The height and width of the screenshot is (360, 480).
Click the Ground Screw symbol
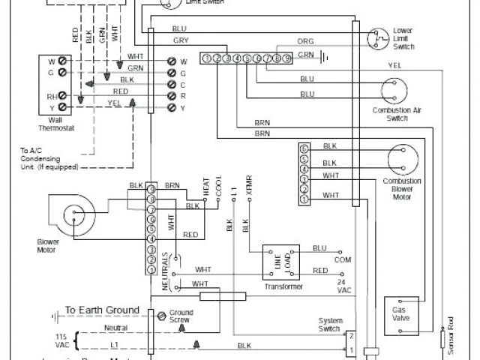tap(160, 316)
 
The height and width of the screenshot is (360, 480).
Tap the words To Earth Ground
tap(101, 310)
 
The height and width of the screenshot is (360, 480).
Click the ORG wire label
tap(305, 42)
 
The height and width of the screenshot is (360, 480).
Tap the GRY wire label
tap(180, 40)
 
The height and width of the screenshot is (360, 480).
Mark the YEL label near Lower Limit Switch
tap(394, 65)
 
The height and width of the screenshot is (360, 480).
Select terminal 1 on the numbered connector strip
tap(206, 58)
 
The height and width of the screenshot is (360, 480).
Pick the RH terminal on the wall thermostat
tap(52, 96)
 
